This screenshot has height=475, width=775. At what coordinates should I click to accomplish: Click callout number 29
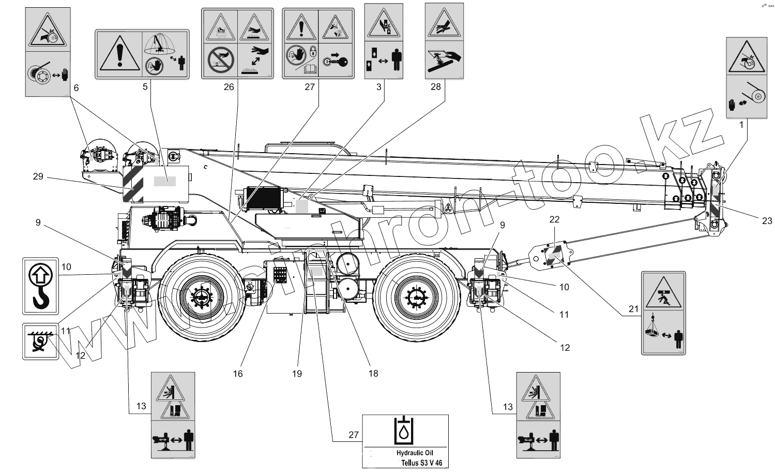click(38, 176)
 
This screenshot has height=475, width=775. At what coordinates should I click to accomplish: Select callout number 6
click(76, 88)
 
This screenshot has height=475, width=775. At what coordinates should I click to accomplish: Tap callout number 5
click(145, 86)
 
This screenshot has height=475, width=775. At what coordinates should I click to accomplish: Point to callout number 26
click(229, 87)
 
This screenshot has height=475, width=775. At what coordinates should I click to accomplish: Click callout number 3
click(379, 87)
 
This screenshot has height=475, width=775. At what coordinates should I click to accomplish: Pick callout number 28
click(435, 86)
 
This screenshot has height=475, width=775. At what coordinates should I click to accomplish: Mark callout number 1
click(741, 125)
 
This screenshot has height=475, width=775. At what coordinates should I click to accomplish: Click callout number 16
click(237, 374)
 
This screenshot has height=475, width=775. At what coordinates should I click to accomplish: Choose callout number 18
click(373, 374)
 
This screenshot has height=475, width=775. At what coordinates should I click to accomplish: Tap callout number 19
click(297, 374)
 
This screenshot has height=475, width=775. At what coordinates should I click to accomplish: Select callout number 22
click(554, 219)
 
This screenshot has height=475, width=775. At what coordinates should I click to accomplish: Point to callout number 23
click(767, 221)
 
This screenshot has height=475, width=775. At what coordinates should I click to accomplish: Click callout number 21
click(634, 309)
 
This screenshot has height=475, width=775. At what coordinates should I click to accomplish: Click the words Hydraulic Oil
click(415, 453)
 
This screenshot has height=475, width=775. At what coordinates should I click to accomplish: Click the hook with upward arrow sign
click(40, 286)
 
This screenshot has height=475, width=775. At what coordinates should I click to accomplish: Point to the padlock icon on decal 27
click(313, 51)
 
